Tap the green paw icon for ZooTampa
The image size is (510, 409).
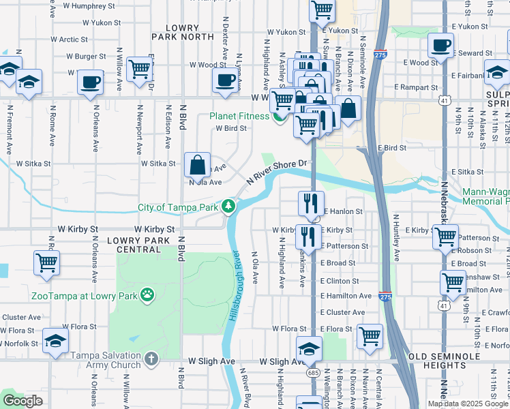point(147,295)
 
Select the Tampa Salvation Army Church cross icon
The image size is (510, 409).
point(151,357)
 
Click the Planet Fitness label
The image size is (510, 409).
point(240,116)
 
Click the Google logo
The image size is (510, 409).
point(22,400)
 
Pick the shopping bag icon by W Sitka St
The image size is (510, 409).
point(197,164)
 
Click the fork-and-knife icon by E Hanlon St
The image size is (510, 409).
point(310,202)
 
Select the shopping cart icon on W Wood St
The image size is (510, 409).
point(139,67)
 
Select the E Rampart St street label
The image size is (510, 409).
point(417,87)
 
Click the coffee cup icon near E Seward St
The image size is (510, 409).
point(440,46)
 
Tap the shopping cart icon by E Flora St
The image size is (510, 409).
point(370,335)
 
